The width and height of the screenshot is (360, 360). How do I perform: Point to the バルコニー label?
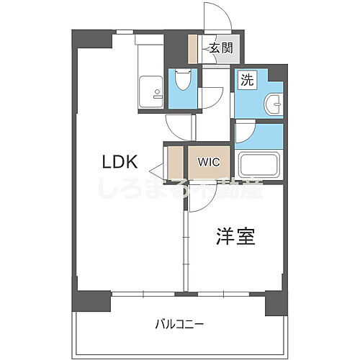point(180,323)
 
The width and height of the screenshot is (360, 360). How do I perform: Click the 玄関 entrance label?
point(221,48)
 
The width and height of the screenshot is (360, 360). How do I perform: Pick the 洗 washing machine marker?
point(246,81)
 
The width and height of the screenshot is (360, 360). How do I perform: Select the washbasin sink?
point(274,104)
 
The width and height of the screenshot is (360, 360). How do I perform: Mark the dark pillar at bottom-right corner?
point(275,302)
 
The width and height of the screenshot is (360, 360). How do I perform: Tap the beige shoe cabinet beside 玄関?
point(193,49)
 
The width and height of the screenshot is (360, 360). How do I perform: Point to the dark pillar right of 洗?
point(277,73)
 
